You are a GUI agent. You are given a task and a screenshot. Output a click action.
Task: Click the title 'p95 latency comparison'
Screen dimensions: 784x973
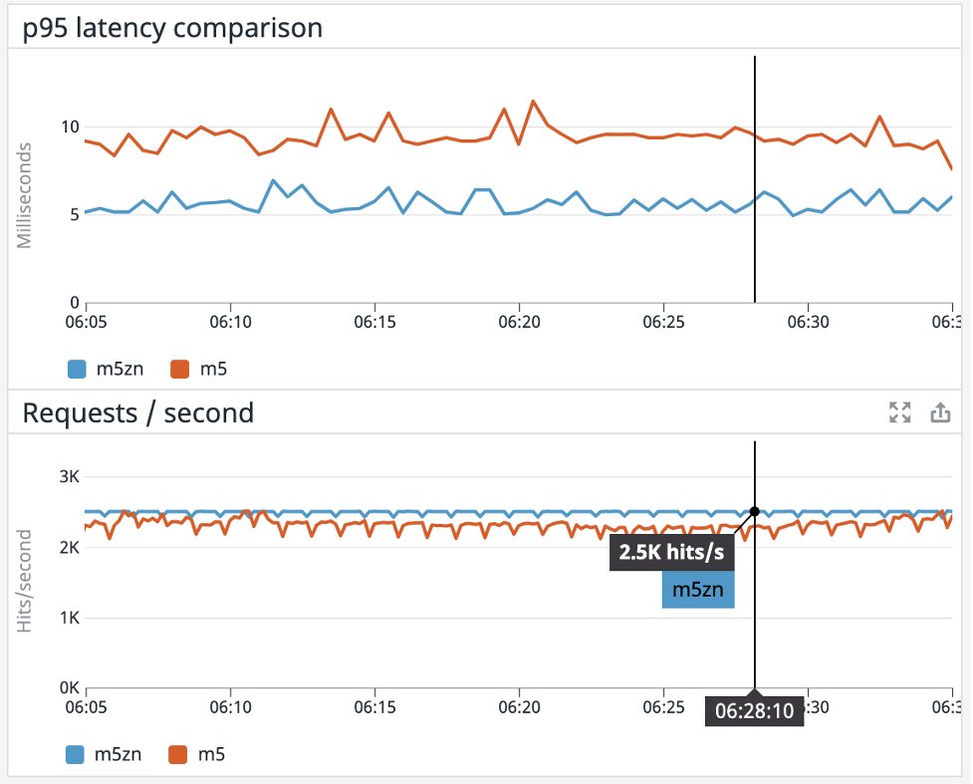(172, 27)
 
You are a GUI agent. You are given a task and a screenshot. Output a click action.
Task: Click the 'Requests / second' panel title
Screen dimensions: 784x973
(137, 411)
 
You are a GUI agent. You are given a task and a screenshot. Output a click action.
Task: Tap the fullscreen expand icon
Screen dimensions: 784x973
(900, 412)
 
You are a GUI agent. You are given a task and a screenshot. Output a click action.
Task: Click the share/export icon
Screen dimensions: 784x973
(940, 412)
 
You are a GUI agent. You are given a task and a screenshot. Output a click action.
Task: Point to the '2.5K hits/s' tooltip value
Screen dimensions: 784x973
(671, 553)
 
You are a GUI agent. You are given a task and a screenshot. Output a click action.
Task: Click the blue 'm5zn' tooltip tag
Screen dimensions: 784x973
(698, 589)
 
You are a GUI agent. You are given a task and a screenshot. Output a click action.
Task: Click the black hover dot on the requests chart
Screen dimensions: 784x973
(754, 511)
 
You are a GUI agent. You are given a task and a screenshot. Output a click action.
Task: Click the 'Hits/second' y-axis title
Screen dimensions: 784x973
(25, 581)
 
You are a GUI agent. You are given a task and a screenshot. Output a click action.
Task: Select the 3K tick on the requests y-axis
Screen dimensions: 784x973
(69, 476)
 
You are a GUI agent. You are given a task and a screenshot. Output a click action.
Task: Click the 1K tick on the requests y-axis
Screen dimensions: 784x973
(69, 618)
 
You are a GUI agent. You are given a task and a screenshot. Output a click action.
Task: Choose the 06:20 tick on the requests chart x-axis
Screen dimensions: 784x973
(519, 707)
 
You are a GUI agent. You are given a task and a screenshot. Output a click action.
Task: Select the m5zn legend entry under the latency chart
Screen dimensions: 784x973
(106, 370)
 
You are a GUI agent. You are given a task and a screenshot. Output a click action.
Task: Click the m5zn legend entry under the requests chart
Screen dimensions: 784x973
(106, 754)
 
